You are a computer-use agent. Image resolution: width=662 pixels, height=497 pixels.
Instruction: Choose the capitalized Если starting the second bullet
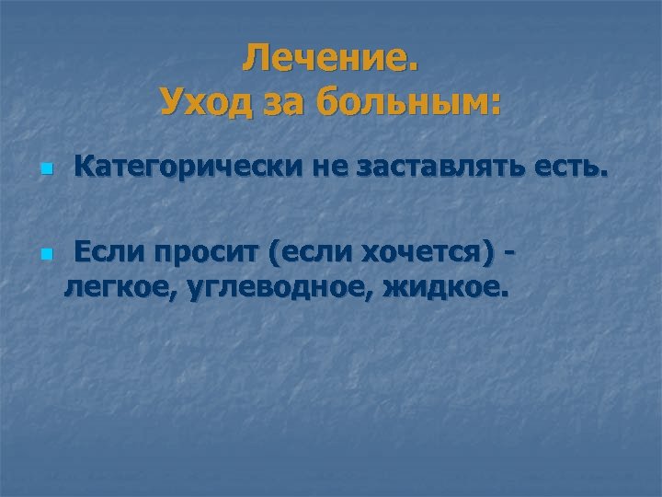pyautogui.click(x=108, y=250)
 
